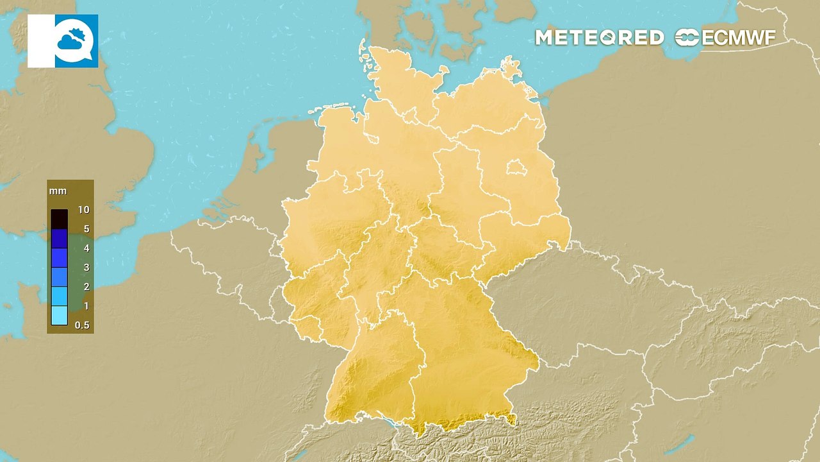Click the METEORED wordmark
point(599,38)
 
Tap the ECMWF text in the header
point(739,38)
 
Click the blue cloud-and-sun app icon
point(76,41)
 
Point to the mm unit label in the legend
point(58,191)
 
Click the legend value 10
point(83,210)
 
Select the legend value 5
point(83,229)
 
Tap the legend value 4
point(83,248)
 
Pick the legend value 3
point(83,268)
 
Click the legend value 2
point(83,287)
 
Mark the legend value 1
point(83,306)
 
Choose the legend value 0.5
point(82,325)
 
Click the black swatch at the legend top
point(59,219)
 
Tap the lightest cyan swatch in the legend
point(59,315)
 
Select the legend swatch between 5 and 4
point(59,239)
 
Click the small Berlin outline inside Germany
point(514,168)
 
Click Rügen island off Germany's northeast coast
point(511,67)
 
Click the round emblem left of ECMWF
point(687,38)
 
